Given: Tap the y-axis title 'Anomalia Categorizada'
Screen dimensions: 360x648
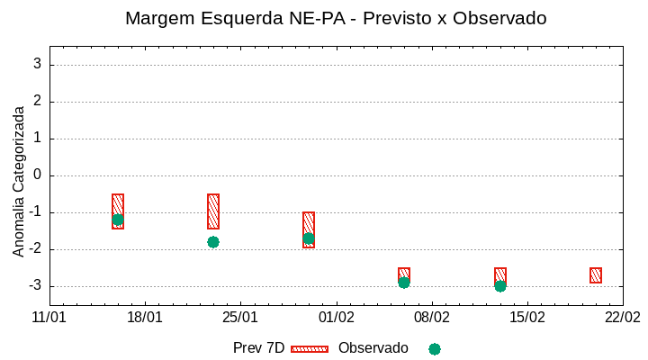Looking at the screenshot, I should (x=19, y=181).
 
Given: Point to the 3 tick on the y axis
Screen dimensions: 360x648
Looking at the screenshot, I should (x=37, y=65).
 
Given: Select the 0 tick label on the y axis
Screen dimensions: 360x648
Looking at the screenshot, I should (x=37, y=175).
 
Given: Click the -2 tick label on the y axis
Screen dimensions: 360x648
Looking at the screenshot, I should (x=34, y=249).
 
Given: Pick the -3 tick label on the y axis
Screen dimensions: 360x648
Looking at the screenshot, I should (x=34, y=286).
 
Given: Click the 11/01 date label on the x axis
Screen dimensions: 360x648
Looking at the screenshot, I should (x=49, y=318).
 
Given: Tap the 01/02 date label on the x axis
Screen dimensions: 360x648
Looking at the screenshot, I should (x=336, y=318).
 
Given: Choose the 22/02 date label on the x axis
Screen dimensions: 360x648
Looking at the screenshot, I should (x=622, y=318).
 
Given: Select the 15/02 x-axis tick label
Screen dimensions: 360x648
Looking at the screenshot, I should (x=526, y=318).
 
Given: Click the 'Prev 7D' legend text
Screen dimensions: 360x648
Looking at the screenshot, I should (x=258, y=348).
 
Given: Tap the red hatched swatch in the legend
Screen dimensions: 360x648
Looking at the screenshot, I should (x=310, y=348).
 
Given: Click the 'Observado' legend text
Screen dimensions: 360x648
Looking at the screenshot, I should (x=373, y=348).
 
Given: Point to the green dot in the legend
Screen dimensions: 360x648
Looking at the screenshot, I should (x=435, y=349).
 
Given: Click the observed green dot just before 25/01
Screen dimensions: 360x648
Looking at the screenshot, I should (x=213, y=242).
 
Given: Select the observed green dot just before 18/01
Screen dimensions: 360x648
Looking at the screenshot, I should (x=118, y=220).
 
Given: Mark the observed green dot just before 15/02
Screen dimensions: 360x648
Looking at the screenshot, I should (x=500, y=286).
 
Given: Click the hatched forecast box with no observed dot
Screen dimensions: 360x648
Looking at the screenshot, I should (x=596, y=275).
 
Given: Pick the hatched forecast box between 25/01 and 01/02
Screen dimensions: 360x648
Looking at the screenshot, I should (x=309, y=229).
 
